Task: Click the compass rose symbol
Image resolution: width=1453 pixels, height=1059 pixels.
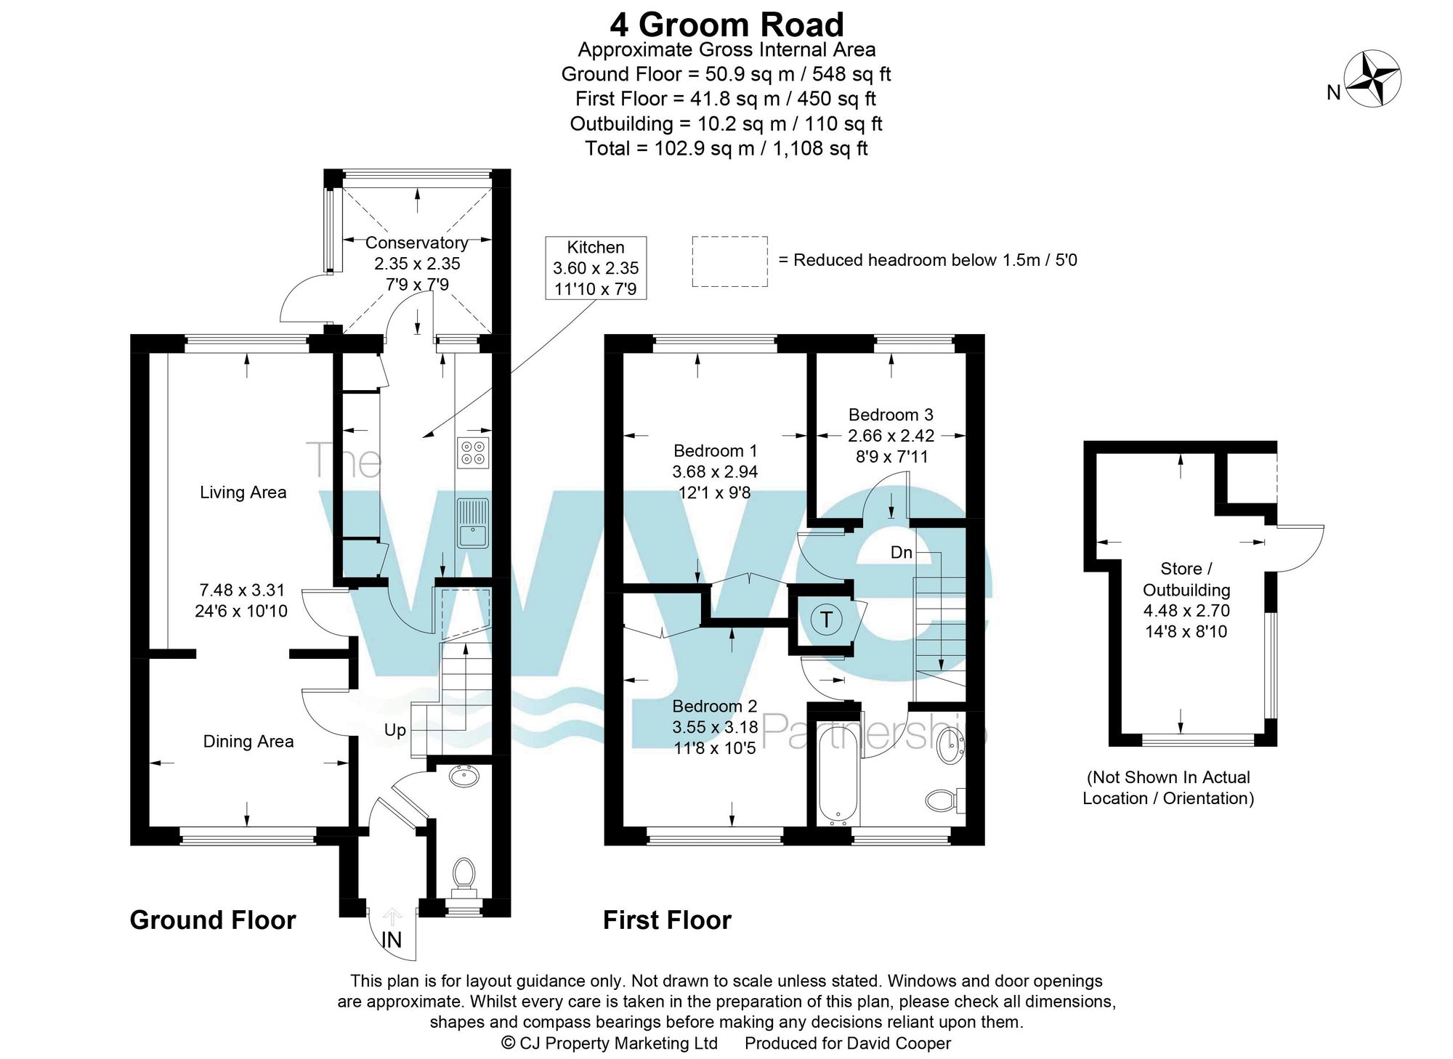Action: point(1372,79)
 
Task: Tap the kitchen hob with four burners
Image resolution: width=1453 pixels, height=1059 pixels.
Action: point(473,453)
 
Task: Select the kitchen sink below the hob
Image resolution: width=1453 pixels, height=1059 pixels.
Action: point(473,523)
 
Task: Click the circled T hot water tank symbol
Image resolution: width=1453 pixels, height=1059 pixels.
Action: point(826,620)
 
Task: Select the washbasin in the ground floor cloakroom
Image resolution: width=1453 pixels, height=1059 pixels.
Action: point(464,777)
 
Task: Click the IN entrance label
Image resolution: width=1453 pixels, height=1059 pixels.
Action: point(392,941)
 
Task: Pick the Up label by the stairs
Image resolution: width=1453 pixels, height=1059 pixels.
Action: point(395,730)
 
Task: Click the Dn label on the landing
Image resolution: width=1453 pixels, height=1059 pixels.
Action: point(902,553)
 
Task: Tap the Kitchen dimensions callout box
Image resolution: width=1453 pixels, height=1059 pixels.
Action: point(596,268)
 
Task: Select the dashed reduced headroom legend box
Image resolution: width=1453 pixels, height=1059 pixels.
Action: point(729,261)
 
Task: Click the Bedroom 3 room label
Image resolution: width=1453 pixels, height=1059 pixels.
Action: point(891,415)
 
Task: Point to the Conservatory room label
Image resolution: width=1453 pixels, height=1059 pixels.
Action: point(416,243)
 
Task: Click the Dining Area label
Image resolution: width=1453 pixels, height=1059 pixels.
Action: point(248,742)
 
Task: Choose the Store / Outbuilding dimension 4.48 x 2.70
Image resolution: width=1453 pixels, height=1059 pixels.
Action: point(1186,611)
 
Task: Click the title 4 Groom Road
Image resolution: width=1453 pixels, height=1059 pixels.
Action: point(726,25)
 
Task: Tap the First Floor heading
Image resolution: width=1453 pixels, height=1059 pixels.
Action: point(667,920)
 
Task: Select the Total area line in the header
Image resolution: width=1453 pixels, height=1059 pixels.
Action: point(726,148)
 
